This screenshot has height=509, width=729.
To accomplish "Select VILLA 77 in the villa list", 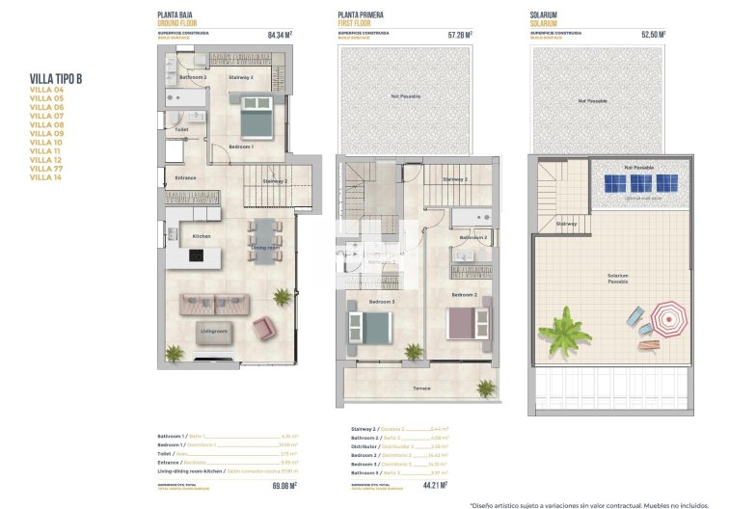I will pos(46,169).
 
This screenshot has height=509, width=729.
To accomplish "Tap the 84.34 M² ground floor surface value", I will pos(279,36).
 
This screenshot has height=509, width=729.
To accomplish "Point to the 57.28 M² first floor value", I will pos(459,36).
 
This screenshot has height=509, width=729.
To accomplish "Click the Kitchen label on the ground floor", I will pos(202,236).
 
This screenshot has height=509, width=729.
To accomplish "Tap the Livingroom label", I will pos(213,331).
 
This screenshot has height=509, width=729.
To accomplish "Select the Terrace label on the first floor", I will pos(421,388).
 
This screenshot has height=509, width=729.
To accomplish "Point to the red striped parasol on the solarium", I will pos(667,315).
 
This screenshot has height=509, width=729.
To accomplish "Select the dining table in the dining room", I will pos(263,237).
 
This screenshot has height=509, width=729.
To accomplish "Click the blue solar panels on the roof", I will pos(640,182).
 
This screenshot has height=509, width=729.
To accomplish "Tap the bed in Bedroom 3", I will pos(368,326).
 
